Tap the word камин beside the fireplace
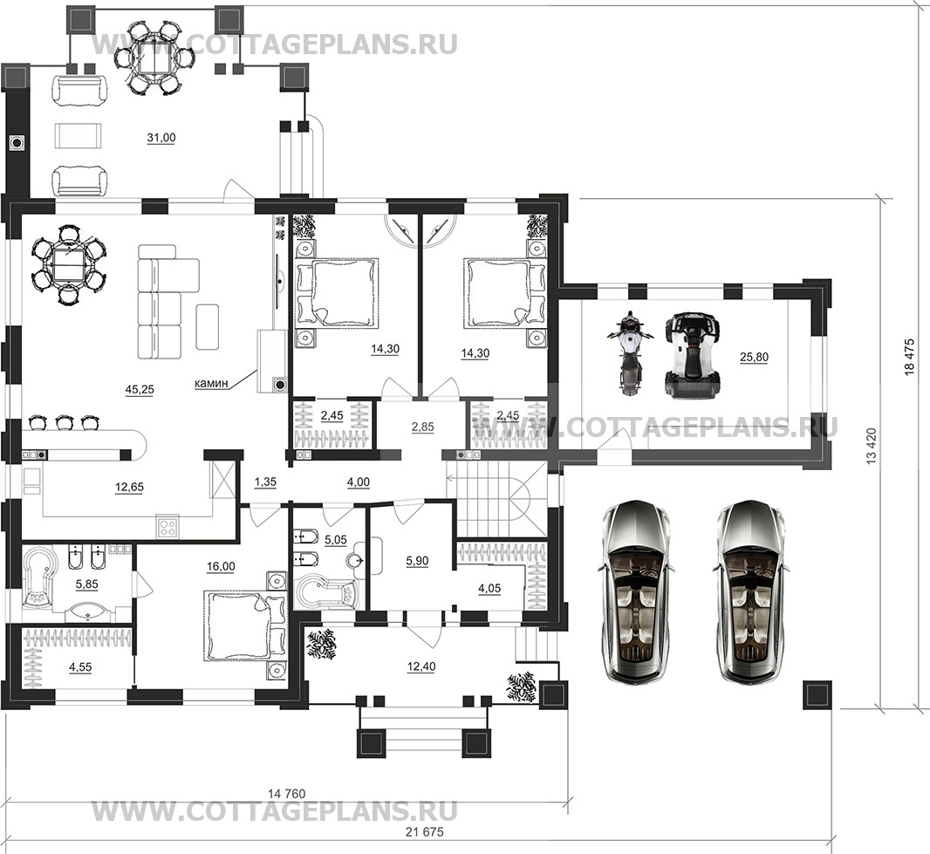tap(211, 383)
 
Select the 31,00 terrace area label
tap(161, 138)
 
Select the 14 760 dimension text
tap(286, 794)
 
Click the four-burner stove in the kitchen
tap(168, 527)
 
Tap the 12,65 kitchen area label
tap(129, 487)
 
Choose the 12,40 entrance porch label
tap(421, 666)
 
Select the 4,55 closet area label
tap(80, 666)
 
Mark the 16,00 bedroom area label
tap(221, 566)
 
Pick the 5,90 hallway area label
tap(417, 560)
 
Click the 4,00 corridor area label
tap(359, 482)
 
